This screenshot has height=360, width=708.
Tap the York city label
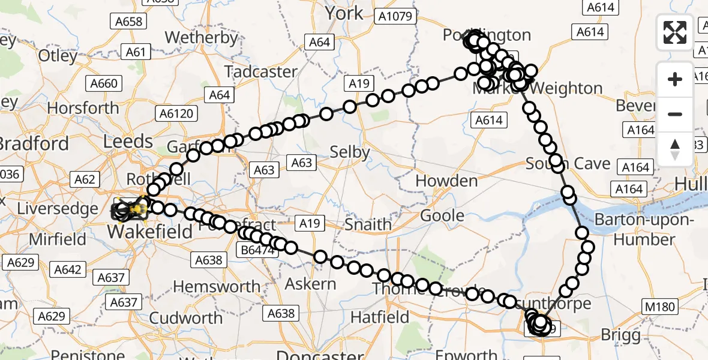[x=344, y=13]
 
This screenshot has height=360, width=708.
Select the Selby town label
[x=350, y=152]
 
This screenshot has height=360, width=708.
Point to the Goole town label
[x=442, y=215]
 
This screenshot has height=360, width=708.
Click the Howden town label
[x=446, y=180]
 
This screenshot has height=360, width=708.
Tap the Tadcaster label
[x=261, y=71]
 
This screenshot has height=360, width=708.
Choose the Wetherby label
[x=201, y=37]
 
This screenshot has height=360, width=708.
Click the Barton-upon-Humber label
[x=645, y=230]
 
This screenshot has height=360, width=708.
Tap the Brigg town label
[x=620, y=334]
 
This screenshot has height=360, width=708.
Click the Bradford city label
[x=34, y=144]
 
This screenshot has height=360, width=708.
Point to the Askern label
[x=311, y=283]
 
